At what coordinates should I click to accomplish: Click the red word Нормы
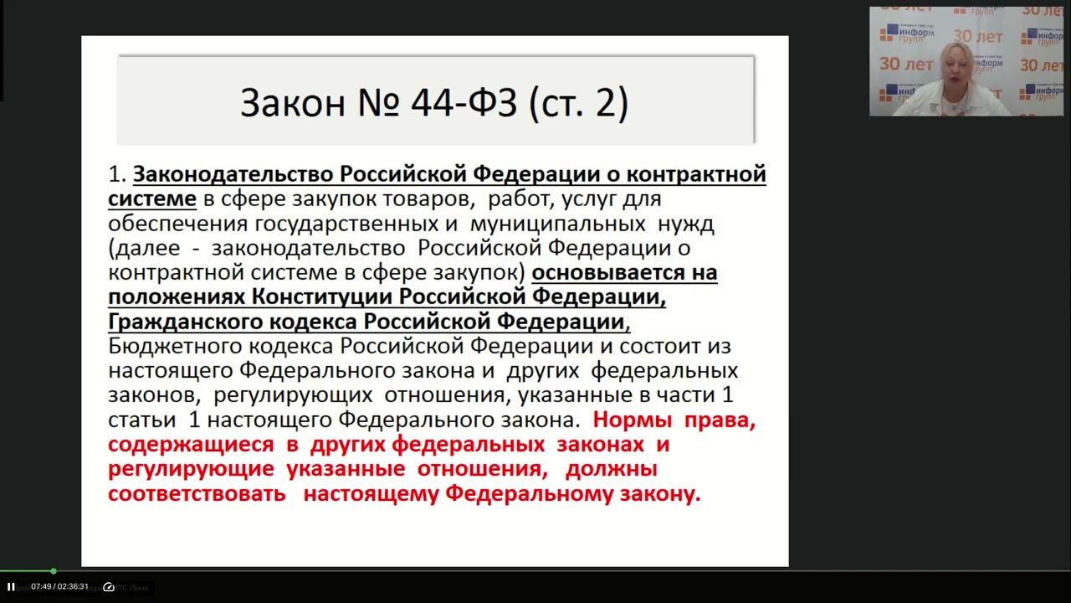point(628,420)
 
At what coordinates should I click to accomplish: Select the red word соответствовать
point(197,494)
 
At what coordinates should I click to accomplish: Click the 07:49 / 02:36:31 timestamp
point(60,587)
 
